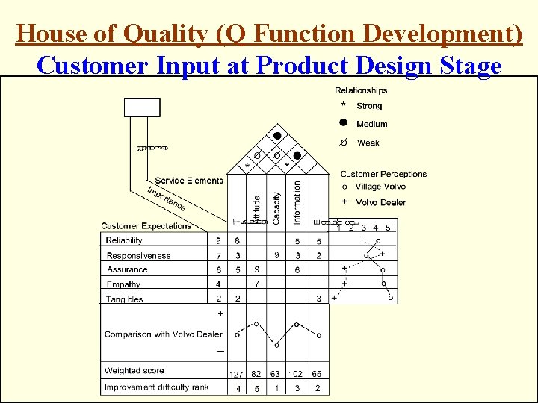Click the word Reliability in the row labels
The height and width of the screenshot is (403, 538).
pos(124,240)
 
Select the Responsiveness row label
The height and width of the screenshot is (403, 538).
pos(138,256)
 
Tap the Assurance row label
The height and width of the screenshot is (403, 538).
pos(127,269)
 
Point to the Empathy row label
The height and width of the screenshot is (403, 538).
pos(123,284)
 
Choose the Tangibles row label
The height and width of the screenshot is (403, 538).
pos(124,299)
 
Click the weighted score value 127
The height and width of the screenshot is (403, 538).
pos(236,375)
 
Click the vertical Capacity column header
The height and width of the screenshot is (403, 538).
pos(276,198)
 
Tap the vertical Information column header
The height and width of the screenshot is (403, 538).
pos(297,200)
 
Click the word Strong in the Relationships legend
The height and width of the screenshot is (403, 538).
pos(369,106)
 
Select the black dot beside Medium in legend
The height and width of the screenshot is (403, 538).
pos(343,124)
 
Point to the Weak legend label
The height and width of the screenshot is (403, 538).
pos(368,143)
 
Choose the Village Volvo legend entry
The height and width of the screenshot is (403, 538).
pos(380,187)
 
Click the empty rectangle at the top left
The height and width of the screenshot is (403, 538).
pos(142,107)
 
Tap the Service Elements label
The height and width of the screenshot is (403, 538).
pos(189,180)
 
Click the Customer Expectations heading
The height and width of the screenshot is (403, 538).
pos(146,225)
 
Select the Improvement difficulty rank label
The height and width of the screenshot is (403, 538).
pos(157,387)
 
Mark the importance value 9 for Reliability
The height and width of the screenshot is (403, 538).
pos(218,241)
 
